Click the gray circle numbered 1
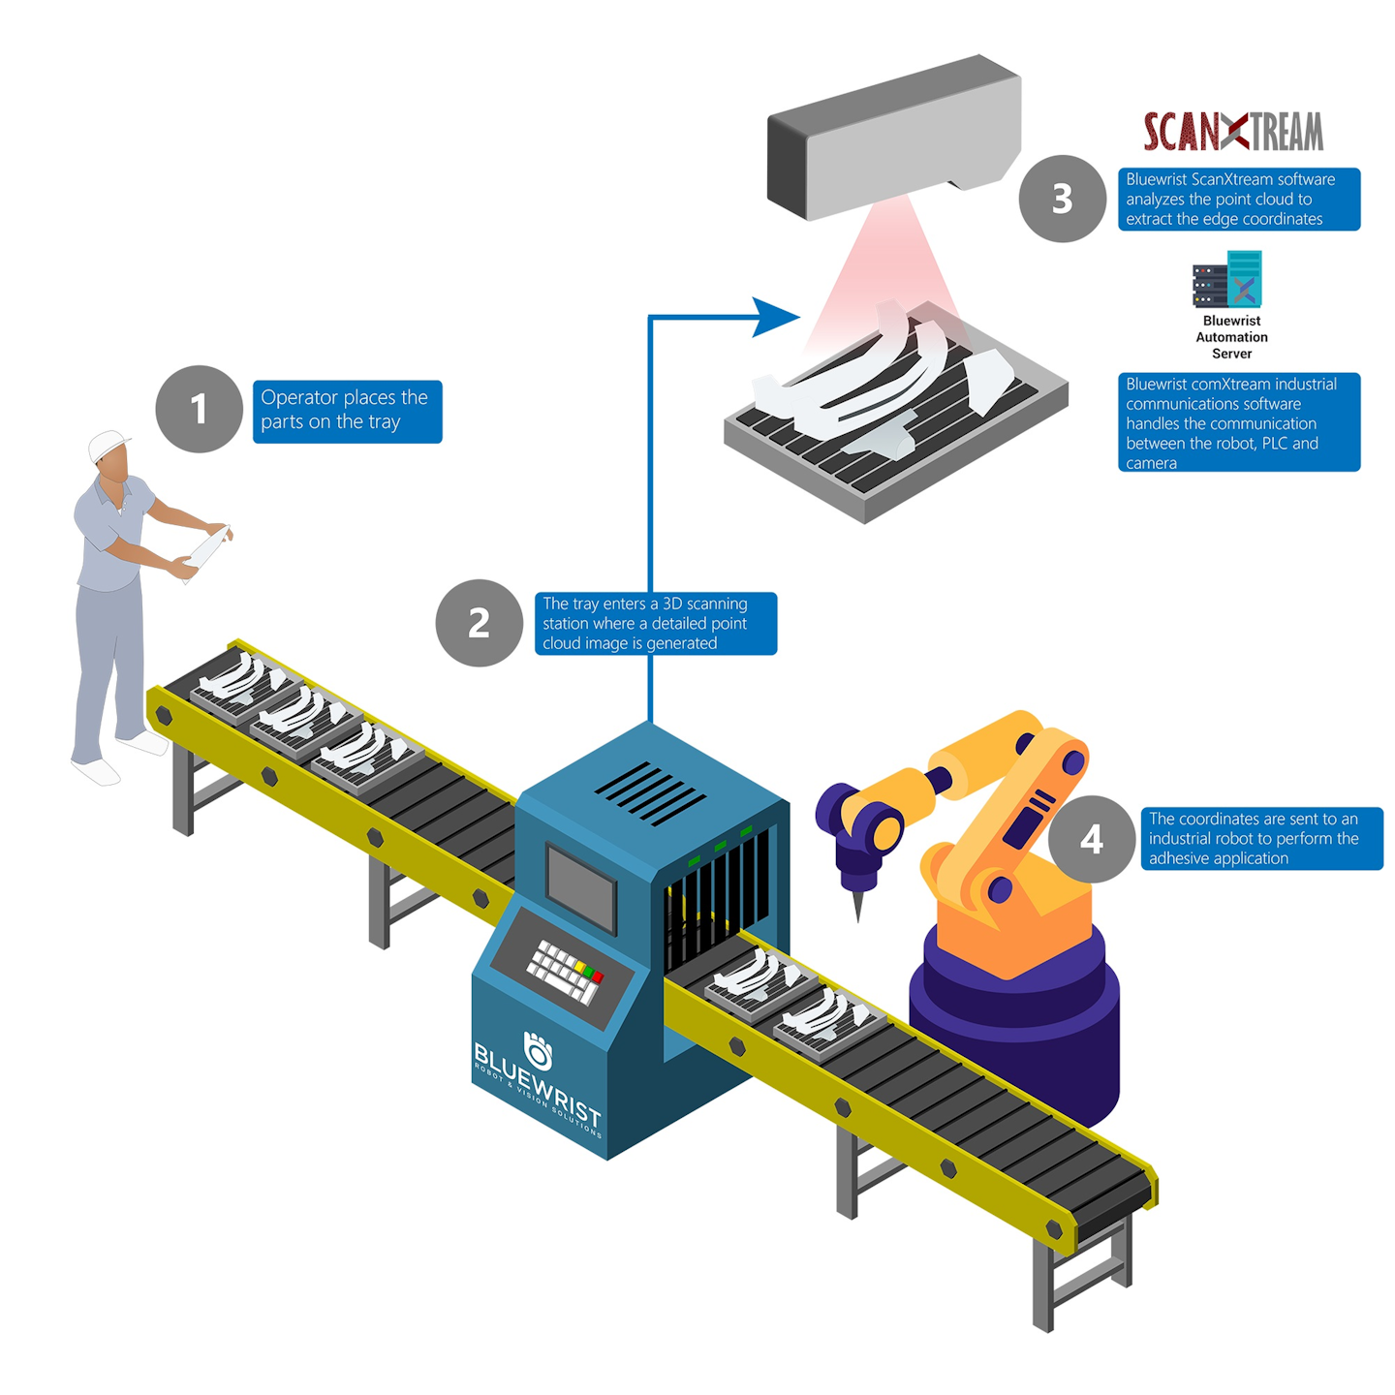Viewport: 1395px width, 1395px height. [x=199, y=409]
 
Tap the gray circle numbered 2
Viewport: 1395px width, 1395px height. [x=479, y=623]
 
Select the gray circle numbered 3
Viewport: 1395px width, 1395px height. [x=1062, y=199]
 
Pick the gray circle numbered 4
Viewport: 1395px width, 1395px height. [x=1092, y=839]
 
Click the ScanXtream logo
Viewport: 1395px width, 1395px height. [x=1232, y=132]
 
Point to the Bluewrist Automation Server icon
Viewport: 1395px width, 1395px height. [x=1227, y=279]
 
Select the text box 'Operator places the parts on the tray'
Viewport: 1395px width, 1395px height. [x=347, y=411]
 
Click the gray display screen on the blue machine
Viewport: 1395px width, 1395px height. [x=580, y=885]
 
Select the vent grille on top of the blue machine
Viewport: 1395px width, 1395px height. [x=649, y=793]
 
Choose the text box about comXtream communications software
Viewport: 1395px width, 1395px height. [x=1238, y=422]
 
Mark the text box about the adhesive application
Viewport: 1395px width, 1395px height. [x=1261, y=838]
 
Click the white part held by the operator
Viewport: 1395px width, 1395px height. [x=206, y=553]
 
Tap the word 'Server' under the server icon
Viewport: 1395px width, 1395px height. [x=1231, y=354]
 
